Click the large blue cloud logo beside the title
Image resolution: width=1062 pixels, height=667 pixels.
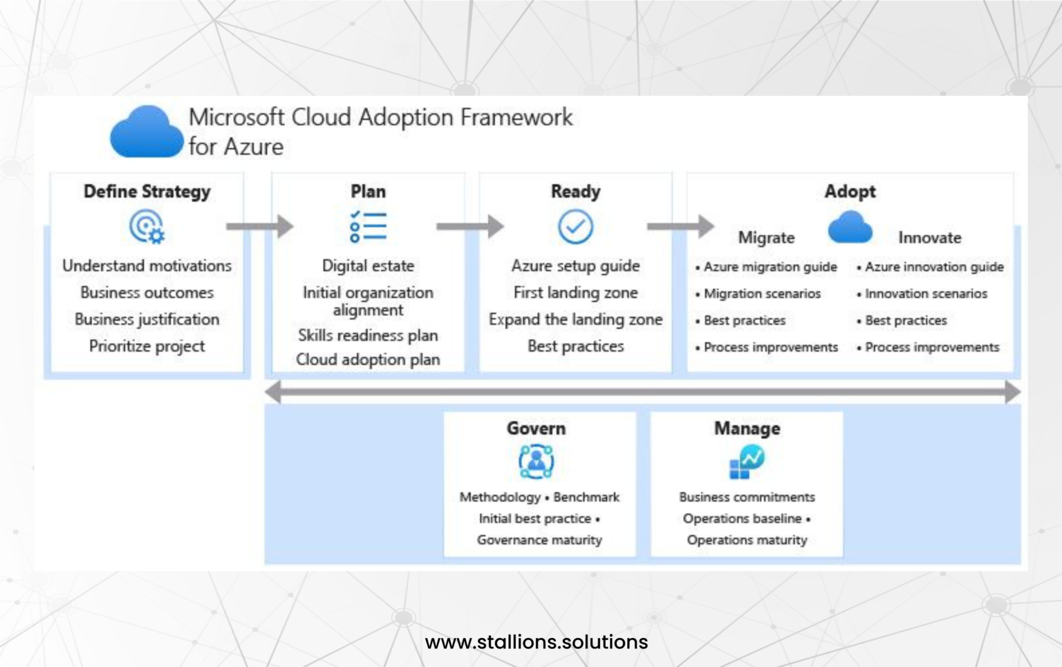146,132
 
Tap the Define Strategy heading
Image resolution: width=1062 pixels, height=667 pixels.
147,191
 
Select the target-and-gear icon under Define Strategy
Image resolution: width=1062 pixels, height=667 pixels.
147,227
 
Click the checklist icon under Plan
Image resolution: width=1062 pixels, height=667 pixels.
368,227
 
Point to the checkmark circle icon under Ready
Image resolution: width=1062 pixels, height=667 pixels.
575,227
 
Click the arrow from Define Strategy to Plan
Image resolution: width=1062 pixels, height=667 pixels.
259,226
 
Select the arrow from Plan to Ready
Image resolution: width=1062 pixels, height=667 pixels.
469,226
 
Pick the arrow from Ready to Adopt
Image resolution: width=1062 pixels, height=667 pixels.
680,226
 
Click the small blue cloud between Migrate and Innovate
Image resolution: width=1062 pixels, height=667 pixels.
850,227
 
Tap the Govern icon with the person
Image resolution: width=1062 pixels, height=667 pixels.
536,461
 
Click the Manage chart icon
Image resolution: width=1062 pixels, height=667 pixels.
747,462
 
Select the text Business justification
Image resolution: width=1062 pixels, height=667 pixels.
147,319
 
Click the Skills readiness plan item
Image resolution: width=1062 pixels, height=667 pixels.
368,335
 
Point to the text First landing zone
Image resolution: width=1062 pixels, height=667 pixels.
575,292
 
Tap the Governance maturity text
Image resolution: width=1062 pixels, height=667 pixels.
539,540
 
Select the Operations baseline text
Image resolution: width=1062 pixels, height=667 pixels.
743,518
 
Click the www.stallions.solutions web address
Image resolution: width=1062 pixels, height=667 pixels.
537,642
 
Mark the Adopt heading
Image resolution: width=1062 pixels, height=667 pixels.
850,191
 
